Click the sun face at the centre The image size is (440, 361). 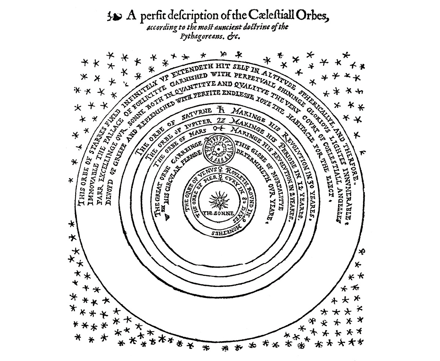219,200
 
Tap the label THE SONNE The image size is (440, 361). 219,213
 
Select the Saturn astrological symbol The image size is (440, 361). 220,110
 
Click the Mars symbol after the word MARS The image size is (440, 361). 219,128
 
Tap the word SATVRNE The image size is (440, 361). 194,114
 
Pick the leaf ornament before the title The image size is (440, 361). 114,16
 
